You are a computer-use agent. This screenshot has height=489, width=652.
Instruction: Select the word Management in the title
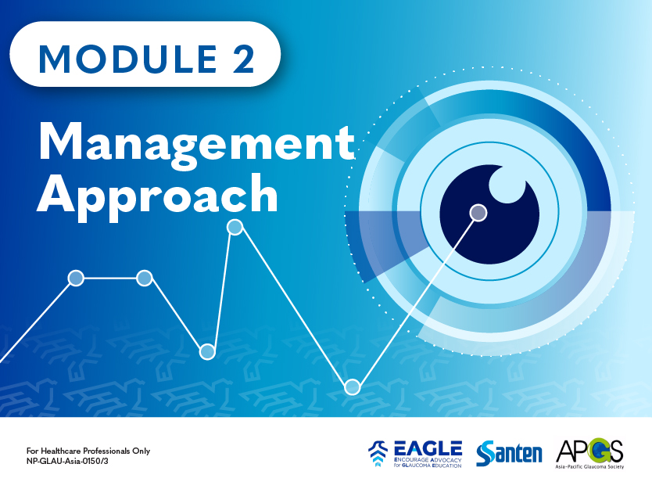pos(196,142)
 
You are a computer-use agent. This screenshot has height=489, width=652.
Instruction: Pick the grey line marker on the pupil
pos(478,212)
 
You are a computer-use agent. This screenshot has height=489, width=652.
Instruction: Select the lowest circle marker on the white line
pos(353,387)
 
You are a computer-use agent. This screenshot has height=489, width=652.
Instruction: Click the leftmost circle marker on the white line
pos(76,278)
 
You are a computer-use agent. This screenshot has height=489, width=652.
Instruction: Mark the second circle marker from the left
pos(145,278)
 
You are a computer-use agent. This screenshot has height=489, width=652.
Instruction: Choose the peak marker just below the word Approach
pos(235,228)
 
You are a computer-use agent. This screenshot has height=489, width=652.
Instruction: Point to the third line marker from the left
pos(207,351)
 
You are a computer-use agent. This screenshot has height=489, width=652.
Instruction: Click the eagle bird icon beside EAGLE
pos(378,453)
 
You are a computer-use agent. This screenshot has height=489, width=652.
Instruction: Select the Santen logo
pos(509,452)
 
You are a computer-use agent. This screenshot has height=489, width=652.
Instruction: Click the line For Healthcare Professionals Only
pos(88,450)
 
